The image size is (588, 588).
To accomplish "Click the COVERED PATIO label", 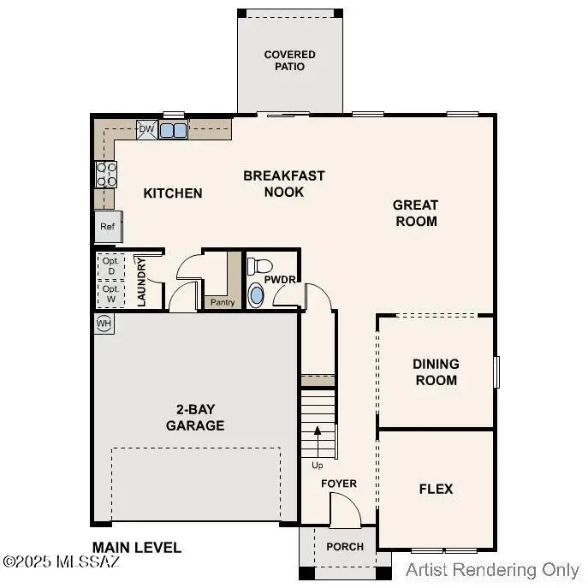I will coord(289,61).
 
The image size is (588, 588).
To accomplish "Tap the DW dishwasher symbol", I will coord(146,129).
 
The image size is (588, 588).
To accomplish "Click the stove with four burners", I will coord(106,175).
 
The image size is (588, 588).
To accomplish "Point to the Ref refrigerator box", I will coord(108,227).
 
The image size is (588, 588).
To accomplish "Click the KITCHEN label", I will coord(173,193).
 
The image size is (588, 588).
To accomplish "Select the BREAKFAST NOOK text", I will coord(284,184).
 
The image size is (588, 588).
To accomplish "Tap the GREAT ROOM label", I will coord(415,213).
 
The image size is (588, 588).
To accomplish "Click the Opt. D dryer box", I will coord(111,265).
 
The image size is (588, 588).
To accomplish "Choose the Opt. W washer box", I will coord(111,294).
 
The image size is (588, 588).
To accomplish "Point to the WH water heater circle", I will coord(104,324).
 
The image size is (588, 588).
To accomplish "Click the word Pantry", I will coord(222,302).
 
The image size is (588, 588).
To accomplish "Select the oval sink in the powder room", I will coord(256,295).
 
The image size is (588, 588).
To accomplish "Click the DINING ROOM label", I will coord(436,372).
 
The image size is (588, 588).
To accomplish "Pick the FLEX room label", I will coord(436,490).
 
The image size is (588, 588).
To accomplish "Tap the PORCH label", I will coord(345,547).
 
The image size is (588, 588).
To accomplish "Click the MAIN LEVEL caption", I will coord(137,547).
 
